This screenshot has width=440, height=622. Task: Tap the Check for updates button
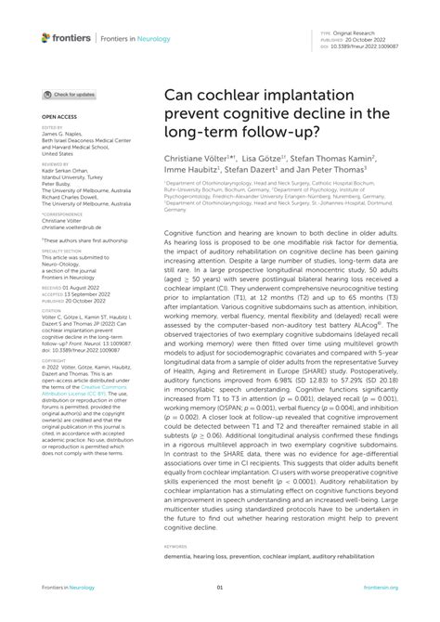click(x=70, y=95)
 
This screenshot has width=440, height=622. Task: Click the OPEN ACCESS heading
click(x=59, y=117)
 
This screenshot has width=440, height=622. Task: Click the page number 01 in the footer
click(x=220, y=588)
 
